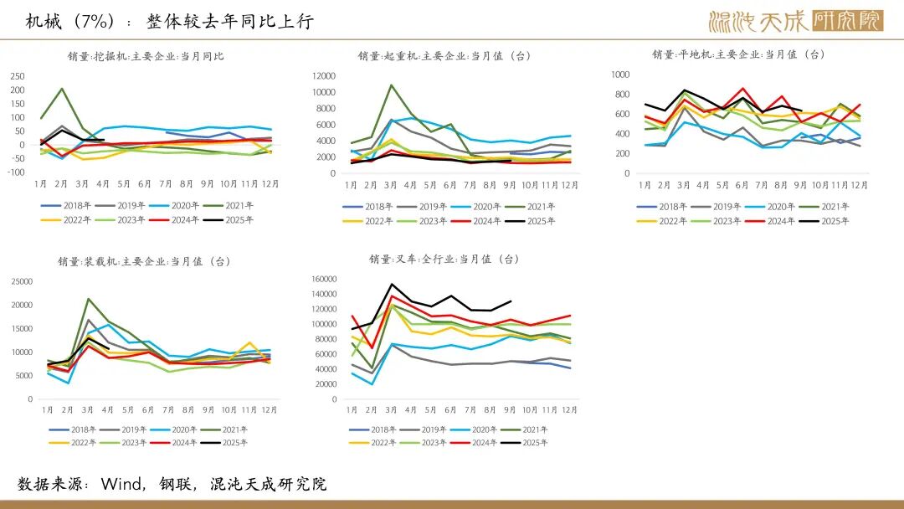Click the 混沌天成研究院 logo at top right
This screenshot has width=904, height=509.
(795, 21)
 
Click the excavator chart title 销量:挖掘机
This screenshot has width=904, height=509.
(146, 57)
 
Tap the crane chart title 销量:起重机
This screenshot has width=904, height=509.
(444, 56)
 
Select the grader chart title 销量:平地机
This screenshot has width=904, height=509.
(738, 54)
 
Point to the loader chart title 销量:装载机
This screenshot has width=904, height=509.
(144, 261)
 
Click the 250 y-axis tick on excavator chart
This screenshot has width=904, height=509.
(18, 75)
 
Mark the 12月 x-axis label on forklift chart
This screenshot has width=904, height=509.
(569, 409)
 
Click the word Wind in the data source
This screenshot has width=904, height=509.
(122, 484)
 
